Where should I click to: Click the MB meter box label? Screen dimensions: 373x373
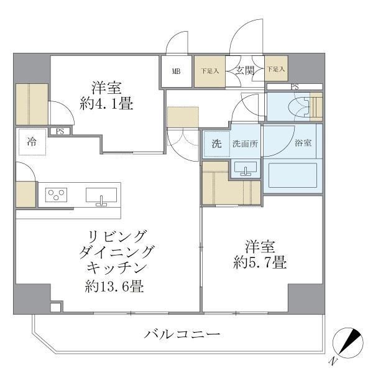[x=177, y=71]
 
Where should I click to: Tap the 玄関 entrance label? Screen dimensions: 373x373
[x=244, y=71]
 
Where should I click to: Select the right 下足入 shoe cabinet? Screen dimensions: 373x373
[x=276, y=71]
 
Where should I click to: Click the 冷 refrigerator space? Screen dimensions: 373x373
[x=30, y=141]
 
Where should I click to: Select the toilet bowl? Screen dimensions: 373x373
[x=297, y=107]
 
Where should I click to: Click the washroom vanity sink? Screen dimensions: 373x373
[x=246, y=168]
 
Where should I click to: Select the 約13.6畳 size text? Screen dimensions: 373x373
[x=111, y=287]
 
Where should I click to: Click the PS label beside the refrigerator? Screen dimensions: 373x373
[x=60, y=131]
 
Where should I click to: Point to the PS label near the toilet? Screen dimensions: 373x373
[x=294, y=86]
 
